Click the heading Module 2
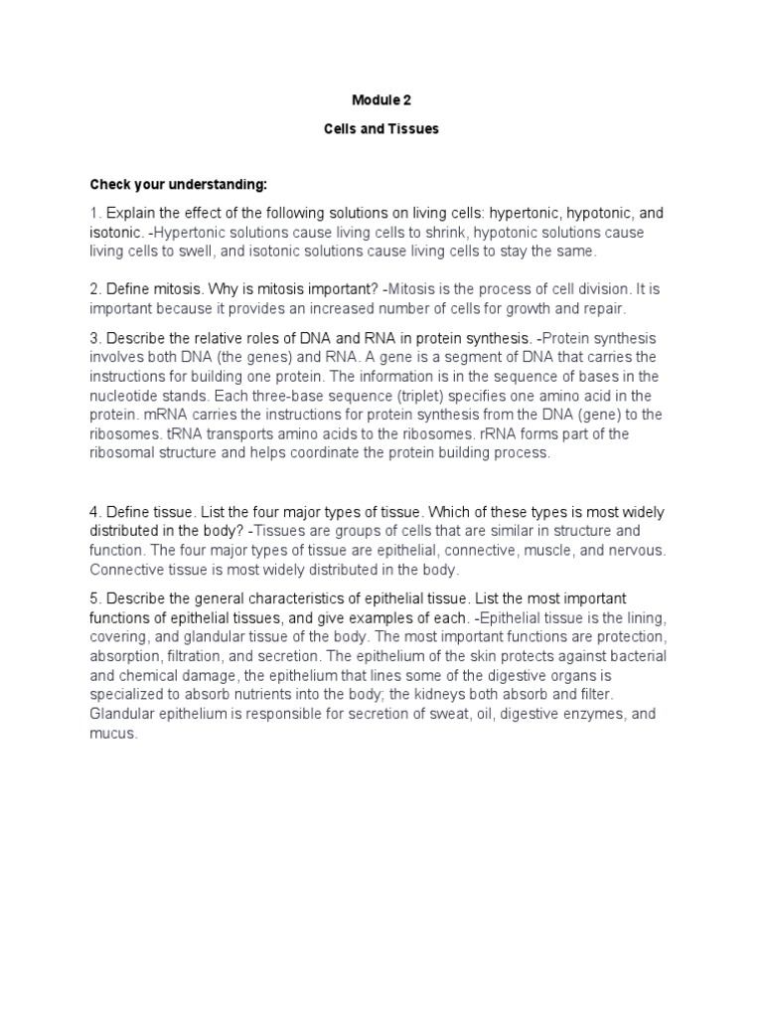[x=381, y=99]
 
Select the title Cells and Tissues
[x=381, y=129]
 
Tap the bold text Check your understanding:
[x=179, y=185]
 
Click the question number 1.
[x=94, y=213]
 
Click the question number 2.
[x=94, y=288]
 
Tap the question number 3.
[x=94, y=338]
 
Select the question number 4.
[x=94, y=512]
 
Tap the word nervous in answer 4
[x=641, y=550]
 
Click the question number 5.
[x=94, y=599]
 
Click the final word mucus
[x=113, y=734]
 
